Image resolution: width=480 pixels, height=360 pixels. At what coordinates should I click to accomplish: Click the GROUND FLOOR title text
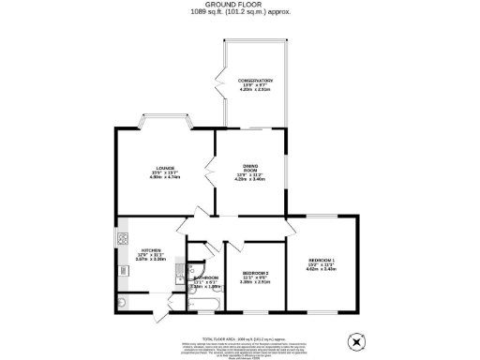click(239, 6)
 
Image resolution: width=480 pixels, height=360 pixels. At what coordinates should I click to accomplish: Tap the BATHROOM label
click(205, 278)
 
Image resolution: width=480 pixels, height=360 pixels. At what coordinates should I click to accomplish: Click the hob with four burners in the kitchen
click(123, 240)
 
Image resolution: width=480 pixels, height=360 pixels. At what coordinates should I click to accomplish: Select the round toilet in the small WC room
click(125, 303)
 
